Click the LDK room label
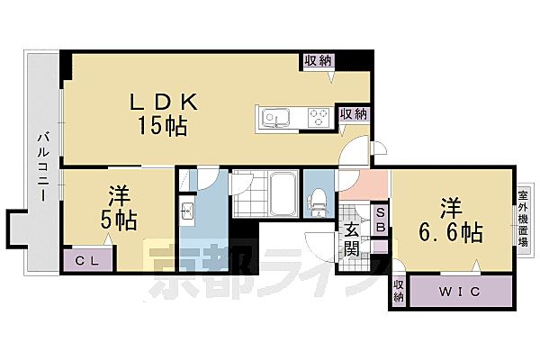[x=163, y=101]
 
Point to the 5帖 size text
[x=118, y=220]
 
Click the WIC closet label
[x=462, y=292]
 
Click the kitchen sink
[x=274, y=117]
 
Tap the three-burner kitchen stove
[x=318, y=117]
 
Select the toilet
[x=319, y=202]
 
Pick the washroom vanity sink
[x=189, y=212]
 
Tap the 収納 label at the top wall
[x=318, y=60]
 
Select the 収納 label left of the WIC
[x=399, y=291]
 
